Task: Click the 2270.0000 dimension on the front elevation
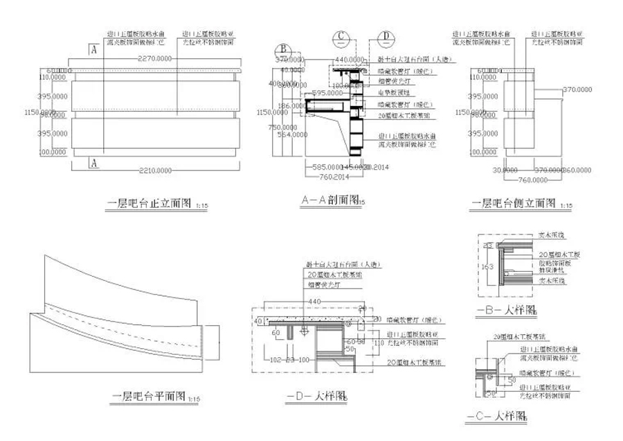(x=156, y=58)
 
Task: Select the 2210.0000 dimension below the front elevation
(x=156, y=167)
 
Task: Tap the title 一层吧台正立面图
(x=147, y=203)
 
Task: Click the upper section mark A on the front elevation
(x=92, y=49)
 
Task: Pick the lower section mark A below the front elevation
(x=92, y=163)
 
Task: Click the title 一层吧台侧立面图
(x=513, y=203)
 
